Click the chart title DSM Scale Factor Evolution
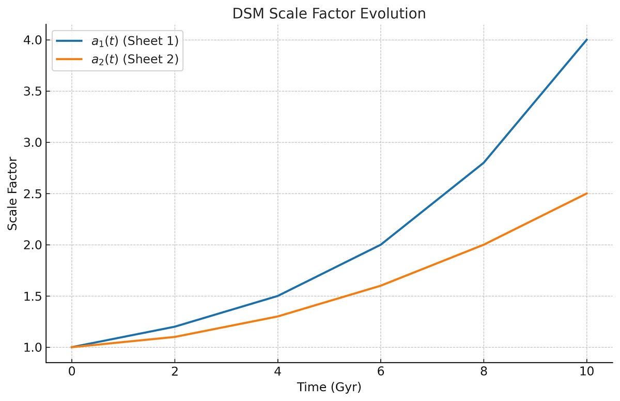[329, 13]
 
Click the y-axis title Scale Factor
[12, 194]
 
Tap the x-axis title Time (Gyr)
[329, 388]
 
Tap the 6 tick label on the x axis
[381, 370]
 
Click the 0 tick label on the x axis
[71, 370]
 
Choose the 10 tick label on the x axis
[586, 370]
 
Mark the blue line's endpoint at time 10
[586, 40]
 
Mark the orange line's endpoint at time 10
[586, 194]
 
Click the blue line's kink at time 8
[484, 162]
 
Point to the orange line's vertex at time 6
[381, 286]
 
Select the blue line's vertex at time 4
[277, 296]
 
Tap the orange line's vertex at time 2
[175, 337]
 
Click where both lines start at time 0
[71, 347]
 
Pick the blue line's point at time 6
[381, 245]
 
